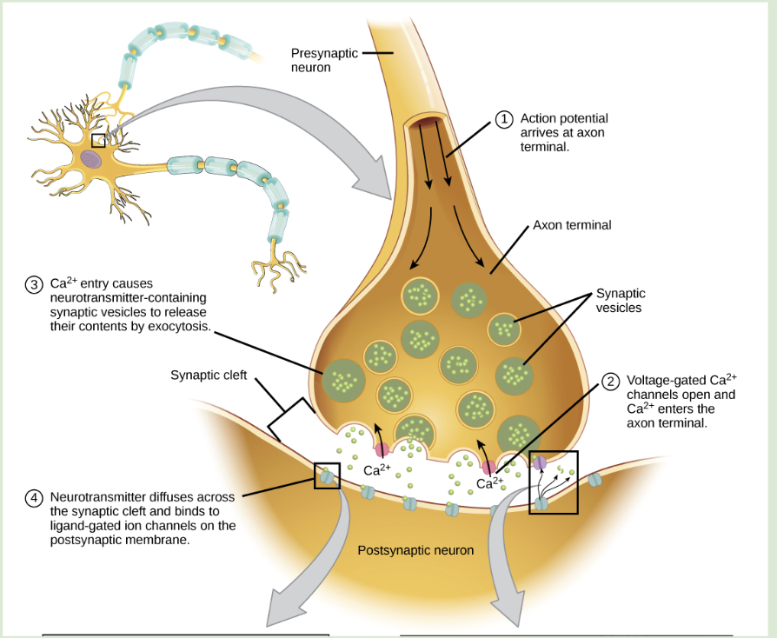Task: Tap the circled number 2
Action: [610, 381]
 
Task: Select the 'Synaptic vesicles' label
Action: [618, 301]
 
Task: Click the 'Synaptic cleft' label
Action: [209, 375]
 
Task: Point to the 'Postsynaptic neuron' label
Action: [415, 550]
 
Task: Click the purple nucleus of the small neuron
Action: [91, 159]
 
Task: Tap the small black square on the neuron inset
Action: [98, 140]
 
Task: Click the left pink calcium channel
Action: [382, 449]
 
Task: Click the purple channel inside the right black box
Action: [540, 463]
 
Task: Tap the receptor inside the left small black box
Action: [326, 475]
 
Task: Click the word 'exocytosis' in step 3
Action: [180, 326]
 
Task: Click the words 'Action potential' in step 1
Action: [564, 118]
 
